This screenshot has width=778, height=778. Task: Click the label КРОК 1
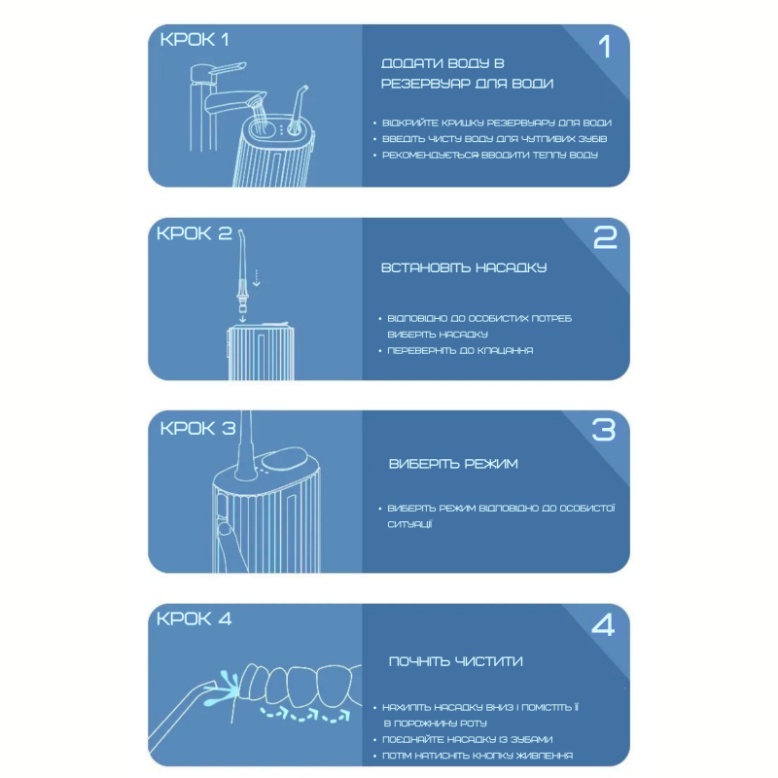click(194, 40)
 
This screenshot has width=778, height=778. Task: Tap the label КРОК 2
click(194, 233)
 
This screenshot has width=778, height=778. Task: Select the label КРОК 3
click(197, 428)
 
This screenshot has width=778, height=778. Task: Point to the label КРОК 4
click(194, 619)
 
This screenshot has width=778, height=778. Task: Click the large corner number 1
click(604, 47)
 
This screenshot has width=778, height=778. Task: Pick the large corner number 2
click(605, 237)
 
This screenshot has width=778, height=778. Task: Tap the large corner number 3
click(603, 430)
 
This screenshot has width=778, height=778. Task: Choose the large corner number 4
click(603, 624)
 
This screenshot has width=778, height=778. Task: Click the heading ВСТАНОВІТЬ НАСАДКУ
click(464, 268)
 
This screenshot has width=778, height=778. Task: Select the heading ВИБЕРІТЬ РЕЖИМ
click(453, 464)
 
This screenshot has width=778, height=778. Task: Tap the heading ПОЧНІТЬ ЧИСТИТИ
click(455, 661)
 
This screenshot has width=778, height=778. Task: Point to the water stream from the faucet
click(260, 112)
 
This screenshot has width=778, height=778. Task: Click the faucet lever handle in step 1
click(229, 69)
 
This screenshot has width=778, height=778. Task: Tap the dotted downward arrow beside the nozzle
click(256, 278)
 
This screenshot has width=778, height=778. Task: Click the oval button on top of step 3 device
click(283, 458)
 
